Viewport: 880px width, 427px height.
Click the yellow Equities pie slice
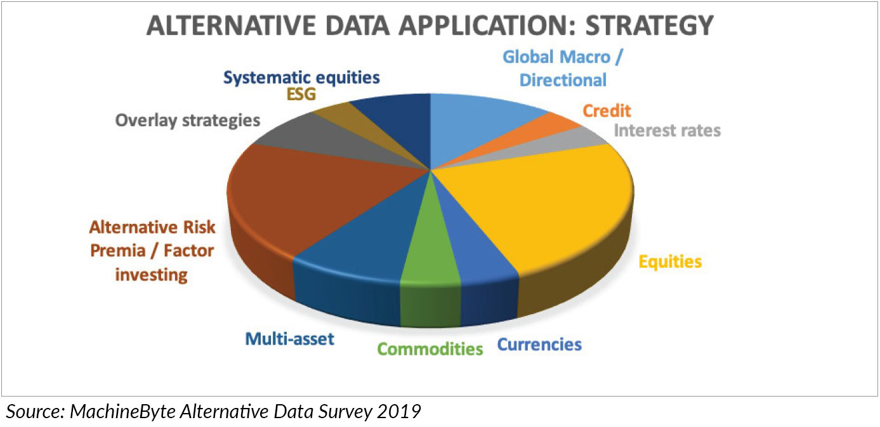point(550,212)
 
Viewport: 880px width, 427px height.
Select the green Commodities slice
point(431,255)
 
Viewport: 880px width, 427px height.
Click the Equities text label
point(670,262)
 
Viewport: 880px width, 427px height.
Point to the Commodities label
point(430,349)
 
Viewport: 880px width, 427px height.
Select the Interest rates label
point(667,131)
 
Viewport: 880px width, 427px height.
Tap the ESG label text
point(301,95)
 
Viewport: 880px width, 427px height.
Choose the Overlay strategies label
point(188,121)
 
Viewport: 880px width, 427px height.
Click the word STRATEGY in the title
point(649,26)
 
